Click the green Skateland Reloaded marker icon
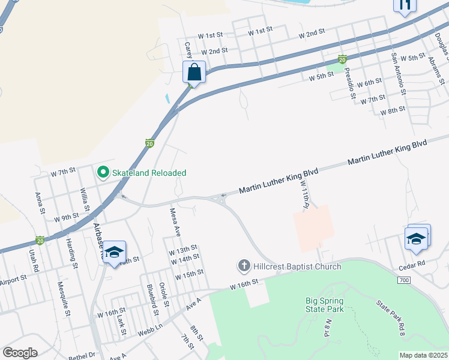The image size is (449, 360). click(x=103, y=173)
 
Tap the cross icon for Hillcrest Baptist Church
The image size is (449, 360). click(x=244, y=265)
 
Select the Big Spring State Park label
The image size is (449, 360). click(x=324, y=305)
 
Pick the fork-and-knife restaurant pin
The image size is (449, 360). click(x=404, y=5)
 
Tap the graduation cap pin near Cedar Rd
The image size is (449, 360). click(x=417, y=238)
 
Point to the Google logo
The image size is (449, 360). click(x=20, y=353)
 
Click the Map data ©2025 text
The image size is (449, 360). click(x=423, y=355)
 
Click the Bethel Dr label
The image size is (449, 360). click(x=83, y=355)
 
